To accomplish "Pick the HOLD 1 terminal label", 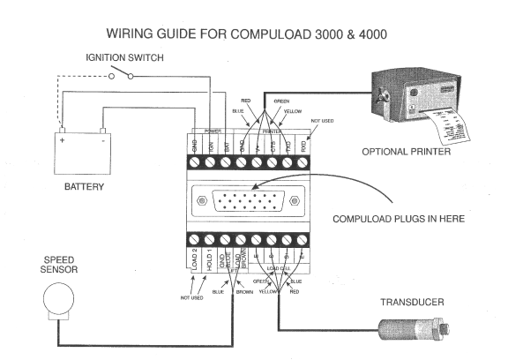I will tap(210, 262).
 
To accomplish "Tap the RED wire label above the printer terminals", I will tap(246, 101).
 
